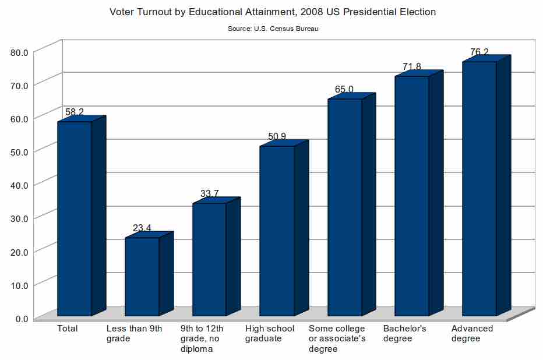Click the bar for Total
point(74,218)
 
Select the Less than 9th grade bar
point(142,277)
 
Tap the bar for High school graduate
point(277,231)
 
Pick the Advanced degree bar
point(479,189)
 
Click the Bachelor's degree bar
point(411,196)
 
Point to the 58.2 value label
point(74,111)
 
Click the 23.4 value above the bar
point(142,228)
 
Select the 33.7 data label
point(210,193)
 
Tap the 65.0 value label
point(344,89)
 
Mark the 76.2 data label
point(479,52)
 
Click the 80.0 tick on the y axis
point(19,52)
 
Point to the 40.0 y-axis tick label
point(19,185)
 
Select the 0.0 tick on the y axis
point(22,318)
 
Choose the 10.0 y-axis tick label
point(19,285)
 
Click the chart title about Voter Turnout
point(273,12)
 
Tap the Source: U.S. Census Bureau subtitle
point(273,28)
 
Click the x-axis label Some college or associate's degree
point(337,338)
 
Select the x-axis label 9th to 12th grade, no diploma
point(202,338)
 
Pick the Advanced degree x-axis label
point(472,333)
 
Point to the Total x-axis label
point(67,329)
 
